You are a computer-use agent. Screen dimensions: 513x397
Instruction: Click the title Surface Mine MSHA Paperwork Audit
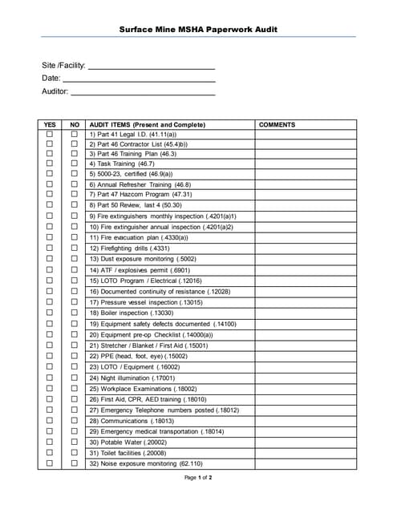tap(198, 30)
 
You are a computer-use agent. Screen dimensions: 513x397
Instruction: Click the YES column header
tap(50, 125)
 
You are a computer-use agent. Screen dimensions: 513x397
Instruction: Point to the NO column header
tap(75, 125)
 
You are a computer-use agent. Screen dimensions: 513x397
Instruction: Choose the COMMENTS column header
tap(277, 125)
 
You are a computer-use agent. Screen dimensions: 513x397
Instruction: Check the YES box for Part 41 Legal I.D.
tap(50, 135)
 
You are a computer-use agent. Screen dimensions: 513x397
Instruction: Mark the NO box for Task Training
tap(75, 164)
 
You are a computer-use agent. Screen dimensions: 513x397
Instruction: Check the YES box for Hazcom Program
tap(50, 194)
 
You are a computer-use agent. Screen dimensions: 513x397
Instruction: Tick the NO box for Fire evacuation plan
tap(75, 237)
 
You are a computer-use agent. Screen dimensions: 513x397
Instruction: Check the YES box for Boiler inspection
tap(50, 313)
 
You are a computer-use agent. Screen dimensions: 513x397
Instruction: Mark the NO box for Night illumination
tap(75, 377)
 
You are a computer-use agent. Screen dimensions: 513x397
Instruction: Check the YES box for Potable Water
tap(50, 442)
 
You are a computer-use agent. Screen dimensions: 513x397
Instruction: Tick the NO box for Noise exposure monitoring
tap(75, 463)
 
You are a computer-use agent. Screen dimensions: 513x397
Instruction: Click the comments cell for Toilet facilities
tap(306, 452)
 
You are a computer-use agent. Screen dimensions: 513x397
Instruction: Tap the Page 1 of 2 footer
tap(198, 478)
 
